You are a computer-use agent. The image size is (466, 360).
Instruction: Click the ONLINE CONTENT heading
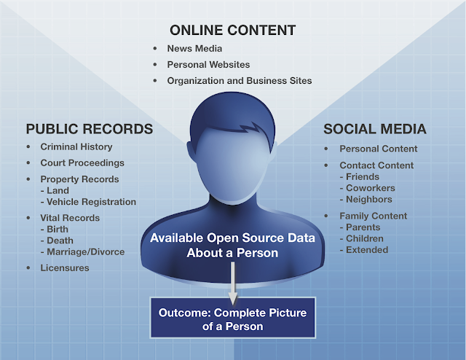(232, 30)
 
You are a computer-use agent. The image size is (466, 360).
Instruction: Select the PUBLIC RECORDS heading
(90, 129)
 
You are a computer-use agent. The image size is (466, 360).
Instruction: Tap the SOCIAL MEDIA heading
(374, 129)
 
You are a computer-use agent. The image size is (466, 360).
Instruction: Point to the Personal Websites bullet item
(208, 64)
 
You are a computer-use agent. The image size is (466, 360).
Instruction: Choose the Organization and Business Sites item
(239, 80)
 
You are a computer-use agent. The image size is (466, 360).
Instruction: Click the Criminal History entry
(77, 148)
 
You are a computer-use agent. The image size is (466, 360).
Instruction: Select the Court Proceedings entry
(82, 163)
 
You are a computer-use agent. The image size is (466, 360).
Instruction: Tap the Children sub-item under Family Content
(366, 238)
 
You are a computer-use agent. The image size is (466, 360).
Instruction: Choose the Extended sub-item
(367, 250)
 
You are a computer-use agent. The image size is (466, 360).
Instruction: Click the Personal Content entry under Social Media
(378, 149)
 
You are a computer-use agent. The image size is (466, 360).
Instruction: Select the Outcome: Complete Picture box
(233, 318)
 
